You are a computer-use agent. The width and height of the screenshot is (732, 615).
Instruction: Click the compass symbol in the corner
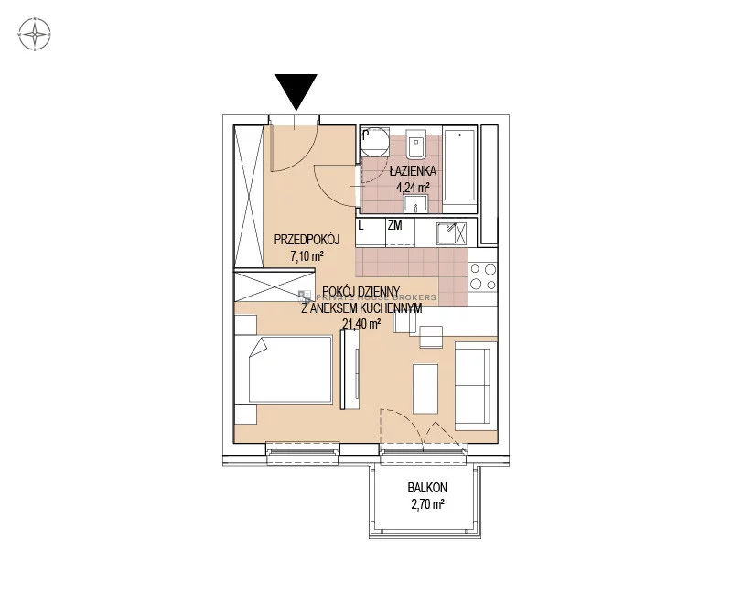click(35, 34)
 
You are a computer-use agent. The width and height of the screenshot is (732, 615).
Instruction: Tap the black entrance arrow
click(296, 92)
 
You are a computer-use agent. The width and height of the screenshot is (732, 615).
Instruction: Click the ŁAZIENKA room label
click(413, 171)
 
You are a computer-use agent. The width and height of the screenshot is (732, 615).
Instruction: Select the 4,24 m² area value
click(413, 188)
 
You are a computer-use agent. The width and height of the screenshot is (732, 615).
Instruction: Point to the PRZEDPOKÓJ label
click(307, 240)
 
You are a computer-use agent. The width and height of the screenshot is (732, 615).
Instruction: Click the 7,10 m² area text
click(307, 256)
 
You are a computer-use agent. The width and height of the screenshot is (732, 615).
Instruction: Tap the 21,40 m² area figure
click(361, 323)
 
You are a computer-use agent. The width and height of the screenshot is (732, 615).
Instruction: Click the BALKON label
click(427, 488)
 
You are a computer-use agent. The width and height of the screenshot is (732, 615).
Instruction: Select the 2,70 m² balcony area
click(427, 504)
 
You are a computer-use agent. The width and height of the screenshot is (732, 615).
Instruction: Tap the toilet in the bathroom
click(414, 145)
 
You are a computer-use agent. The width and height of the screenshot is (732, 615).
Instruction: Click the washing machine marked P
click(375, 142)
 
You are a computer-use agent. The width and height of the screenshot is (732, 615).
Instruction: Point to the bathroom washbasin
click(415, 204)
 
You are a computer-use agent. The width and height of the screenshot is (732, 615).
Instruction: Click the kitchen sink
click(451, 233)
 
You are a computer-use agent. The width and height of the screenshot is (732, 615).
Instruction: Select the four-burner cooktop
click(483, 277)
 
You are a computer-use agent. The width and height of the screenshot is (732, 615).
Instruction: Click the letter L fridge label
click(361, 225)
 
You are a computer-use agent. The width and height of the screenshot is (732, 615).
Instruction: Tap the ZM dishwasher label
click(394, 225)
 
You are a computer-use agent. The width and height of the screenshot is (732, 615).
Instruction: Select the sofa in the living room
click(476, 385)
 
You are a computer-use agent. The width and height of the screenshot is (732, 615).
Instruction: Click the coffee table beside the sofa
click(425, 389)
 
